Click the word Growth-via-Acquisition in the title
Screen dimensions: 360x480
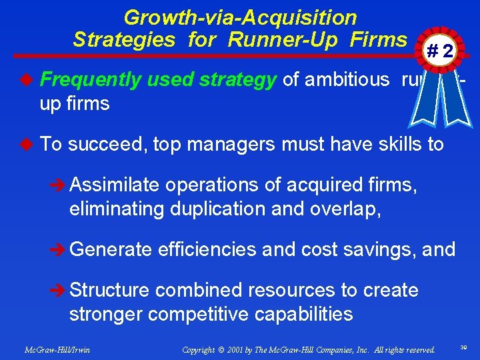[x=240, y=17]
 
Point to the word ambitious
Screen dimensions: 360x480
[x=343, y=81]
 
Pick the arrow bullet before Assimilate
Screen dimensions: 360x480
[x=59, y=185]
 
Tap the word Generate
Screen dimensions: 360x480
[x=111, y=249]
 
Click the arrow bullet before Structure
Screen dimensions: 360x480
[x=59, y=291]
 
